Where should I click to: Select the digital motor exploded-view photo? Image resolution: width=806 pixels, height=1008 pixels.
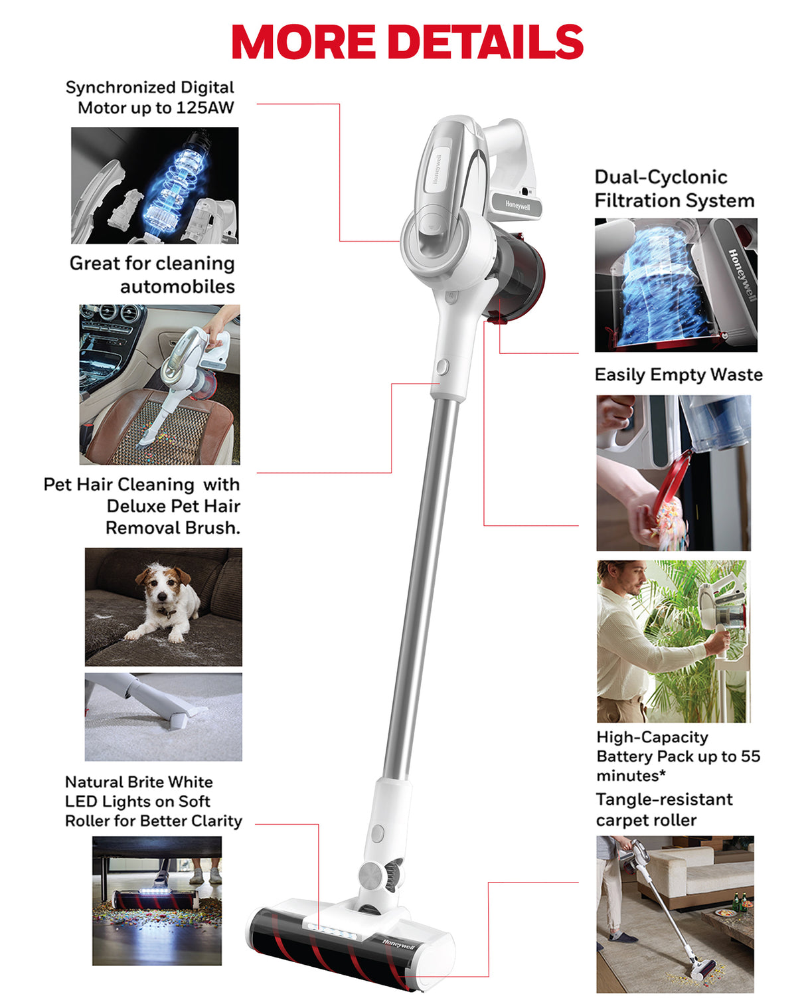click(155, 185)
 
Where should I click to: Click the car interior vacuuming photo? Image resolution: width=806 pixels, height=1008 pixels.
click(159, 384)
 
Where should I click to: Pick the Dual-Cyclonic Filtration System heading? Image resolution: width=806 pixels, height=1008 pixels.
click(673, 189)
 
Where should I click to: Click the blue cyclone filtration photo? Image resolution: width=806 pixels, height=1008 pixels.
click(675, 285)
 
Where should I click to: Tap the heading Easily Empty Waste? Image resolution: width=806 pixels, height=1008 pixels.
click(678, 375)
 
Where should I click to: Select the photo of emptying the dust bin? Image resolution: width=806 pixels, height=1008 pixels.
click(673, 473)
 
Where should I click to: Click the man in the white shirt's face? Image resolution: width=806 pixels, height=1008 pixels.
click(633, 580)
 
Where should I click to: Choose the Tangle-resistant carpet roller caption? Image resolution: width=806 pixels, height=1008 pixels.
click(663, 809)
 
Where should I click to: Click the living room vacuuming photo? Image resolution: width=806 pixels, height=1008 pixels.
click(675, 914)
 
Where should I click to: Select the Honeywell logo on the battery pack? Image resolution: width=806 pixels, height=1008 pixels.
click(517, 205)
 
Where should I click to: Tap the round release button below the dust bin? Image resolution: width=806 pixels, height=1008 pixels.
click(443, 367)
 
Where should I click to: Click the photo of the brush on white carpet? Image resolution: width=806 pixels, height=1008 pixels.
click(163, 716)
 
